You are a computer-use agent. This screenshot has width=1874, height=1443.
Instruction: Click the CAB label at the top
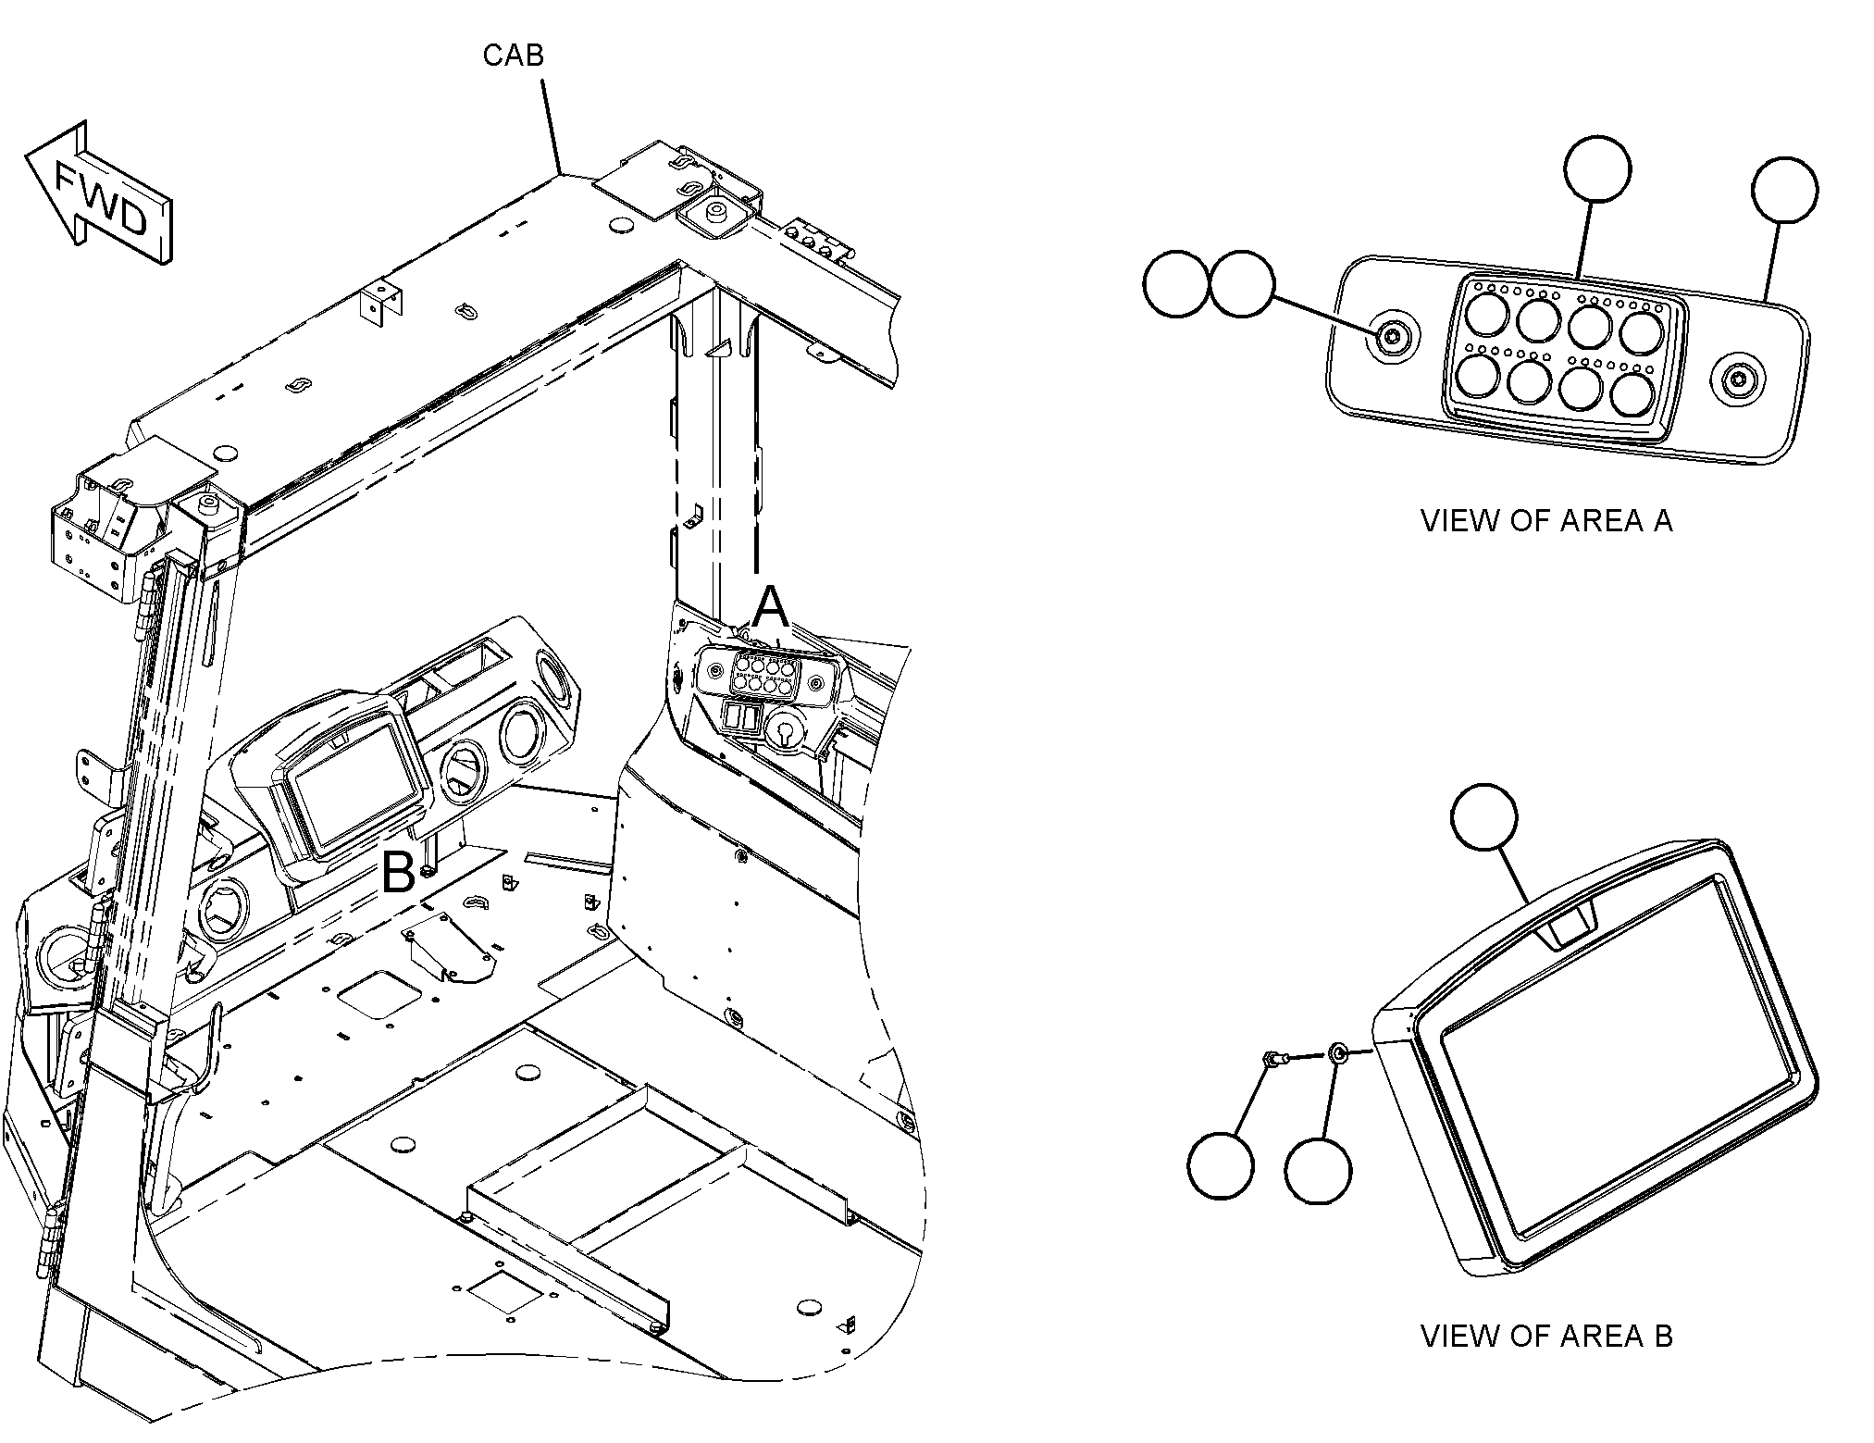click(x=513, y=56)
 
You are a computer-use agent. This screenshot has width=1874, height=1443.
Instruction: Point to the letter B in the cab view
click(x=398, y=872)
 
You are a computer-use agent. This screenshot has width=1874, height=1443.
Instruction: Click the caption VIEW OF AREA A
click(x=1546, y=521)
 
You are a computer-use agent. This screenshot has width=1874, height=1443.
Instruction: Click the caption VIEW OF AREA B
click(x=1546, y=1336)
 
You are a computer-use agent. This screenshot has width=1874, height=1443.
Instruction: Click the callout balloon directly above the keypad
click(x=1597, y=168)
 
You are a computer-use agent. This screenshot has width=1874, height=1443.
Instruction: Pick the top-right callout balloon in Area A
click(x=1785, y=190)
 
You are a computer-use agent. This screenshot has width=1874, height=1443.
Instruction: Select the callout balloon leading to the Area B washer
click(x=1319, y=1170)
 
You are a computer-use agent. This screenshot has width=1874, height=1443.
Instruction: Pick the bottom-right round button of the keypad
click(x=1633, y=392)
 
